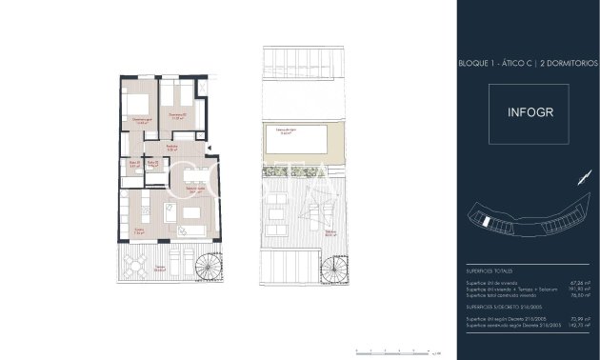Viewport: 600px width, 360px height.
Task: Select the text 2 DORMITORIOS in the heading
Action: [x=569, y=62]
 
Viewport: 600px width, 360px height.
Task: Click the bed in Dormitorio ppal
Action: [x=137, y=107]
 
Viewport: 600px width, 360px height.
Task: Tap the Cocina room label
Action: [x=139, y=230]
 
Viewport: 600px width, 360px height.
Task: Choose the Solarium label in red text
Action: [x=330, y=231]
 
